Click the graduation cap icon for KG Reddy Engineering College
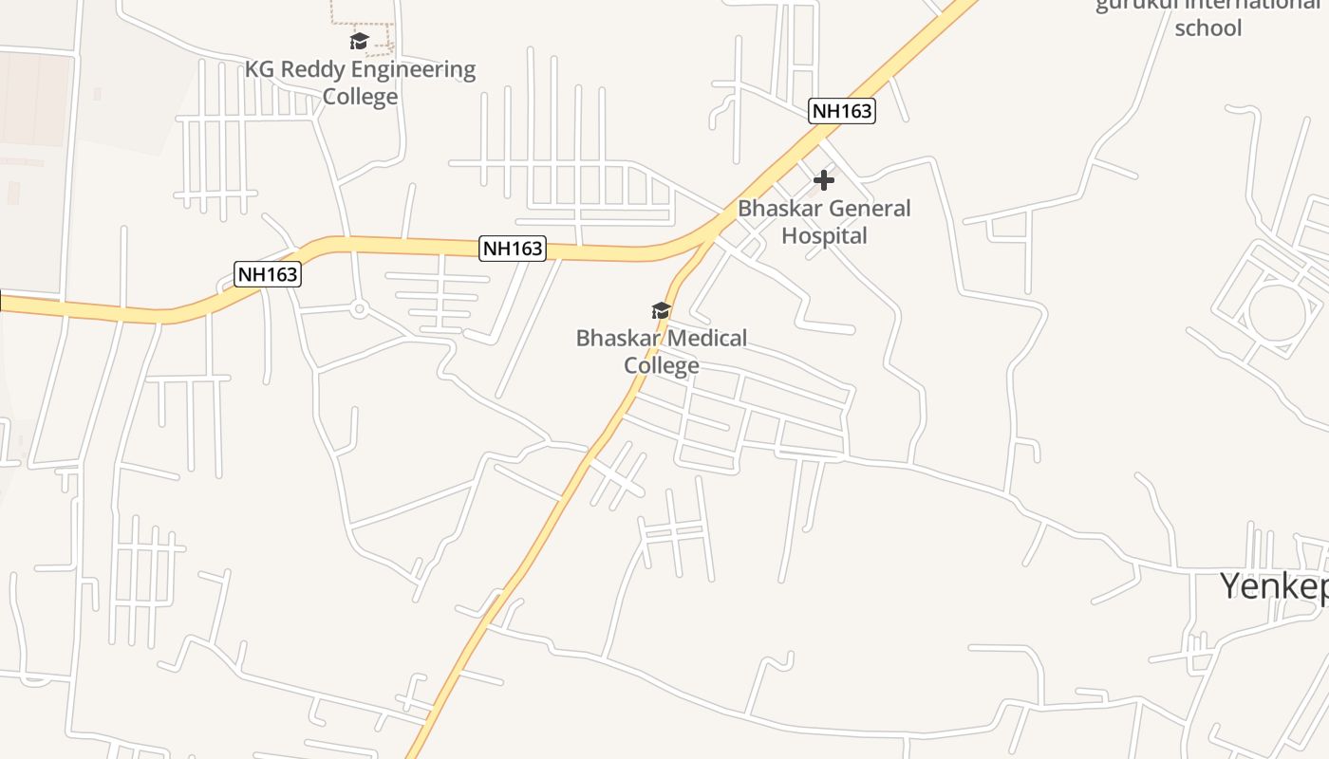359,42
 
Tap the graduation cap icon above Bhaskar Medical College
661,310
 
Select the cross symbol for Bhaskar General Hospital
823,179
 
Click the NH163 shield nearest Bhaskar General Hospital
841,111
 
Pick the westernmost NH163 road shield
268,274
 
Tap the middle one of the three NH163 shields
513,249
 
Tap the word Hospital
824,235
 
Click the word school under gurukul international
1207,28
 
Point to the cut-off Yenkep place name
1273,586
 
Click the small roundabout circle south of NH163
359,308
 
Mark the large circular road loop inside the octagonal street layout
1277,311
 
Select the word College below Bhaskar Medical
662,365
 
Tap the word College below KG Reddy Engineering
360,97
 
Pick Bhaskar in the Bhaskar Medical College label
616,338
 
